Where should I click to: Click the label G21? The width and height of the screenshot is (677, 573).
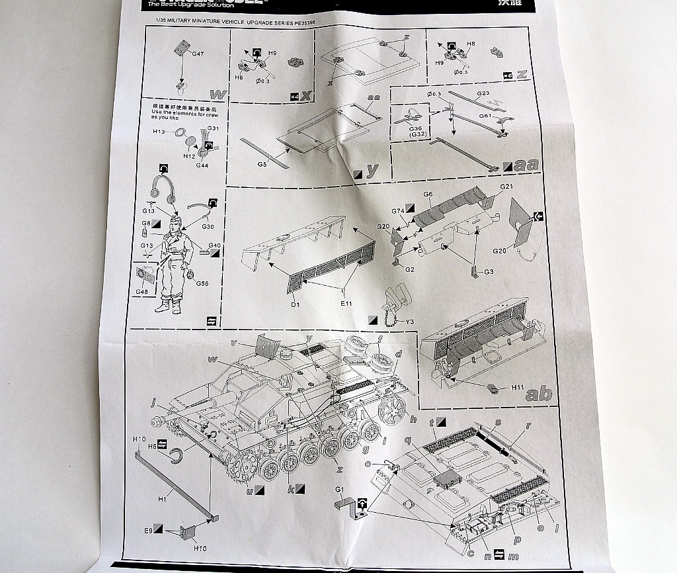pyautogui.click(x=506, y=187)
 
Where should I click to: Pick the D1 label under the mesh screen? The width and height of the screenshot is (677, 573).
pyautogui.click(x=295, y=304)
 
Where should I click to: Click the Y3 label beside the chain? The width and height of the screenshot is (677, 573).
pyautogui.click(x=409, y=322)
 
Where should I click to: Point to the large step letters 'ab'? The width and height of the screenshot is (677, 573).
pyautogui.click(x=539, y=395)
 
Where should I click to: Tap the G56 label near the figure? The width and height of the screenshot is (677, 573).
pyautogui.click(x=202, y=283)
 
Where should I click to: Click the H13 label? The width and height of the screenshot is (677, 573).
pyautogui.click(x=159, y=132)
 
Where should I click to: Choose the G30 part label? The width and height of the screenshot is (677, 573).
pyautogui.click(x=208, y=227)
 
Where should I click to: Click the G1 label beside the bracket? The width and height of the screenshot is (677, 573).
pyautogui.click(x=340, y=490)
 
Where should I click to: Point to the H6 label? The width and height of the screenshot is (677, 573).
pyautogui.click(x=151, y=447)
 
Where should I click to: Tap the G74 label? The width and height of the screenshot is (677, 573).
pyautogui.click(x=398, y=211)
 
